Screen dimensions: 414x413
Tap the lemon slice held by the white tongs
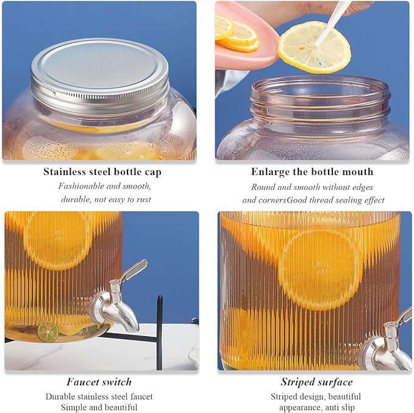pyautogui.click(x=314, y=48)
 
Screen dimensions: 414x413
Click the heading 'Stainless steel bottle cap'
pyautogui.click(x=102, y=172)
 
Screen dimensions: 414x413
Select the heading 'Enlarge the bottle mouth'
pyautogui.click(x=312, y=172)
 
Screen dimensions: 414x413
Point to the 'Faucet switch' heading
pyautogui.click(x=99, y=382)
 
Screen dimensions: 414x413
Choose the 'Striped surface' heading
pyautogui.click(x=316, y=382)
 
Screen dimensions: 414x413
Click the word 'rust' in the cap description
pyautogui.click(x=144, y=199)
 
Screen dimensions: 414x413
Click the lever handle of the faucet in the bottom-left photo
pyautogui.click(x=135, y=270)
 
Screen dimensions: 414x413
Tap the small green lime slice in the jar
pyautogui.click(x=48, y=332)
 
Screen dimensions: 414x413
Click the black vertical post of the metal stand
pyautogui.click(x=159, y=332)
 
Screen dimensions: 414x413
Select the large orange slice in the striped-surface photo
pyautogui.click(x=319, y=270)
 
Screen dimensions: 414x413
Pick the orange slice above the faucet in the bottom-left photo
pyautogui.click(x=57, y=240)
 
